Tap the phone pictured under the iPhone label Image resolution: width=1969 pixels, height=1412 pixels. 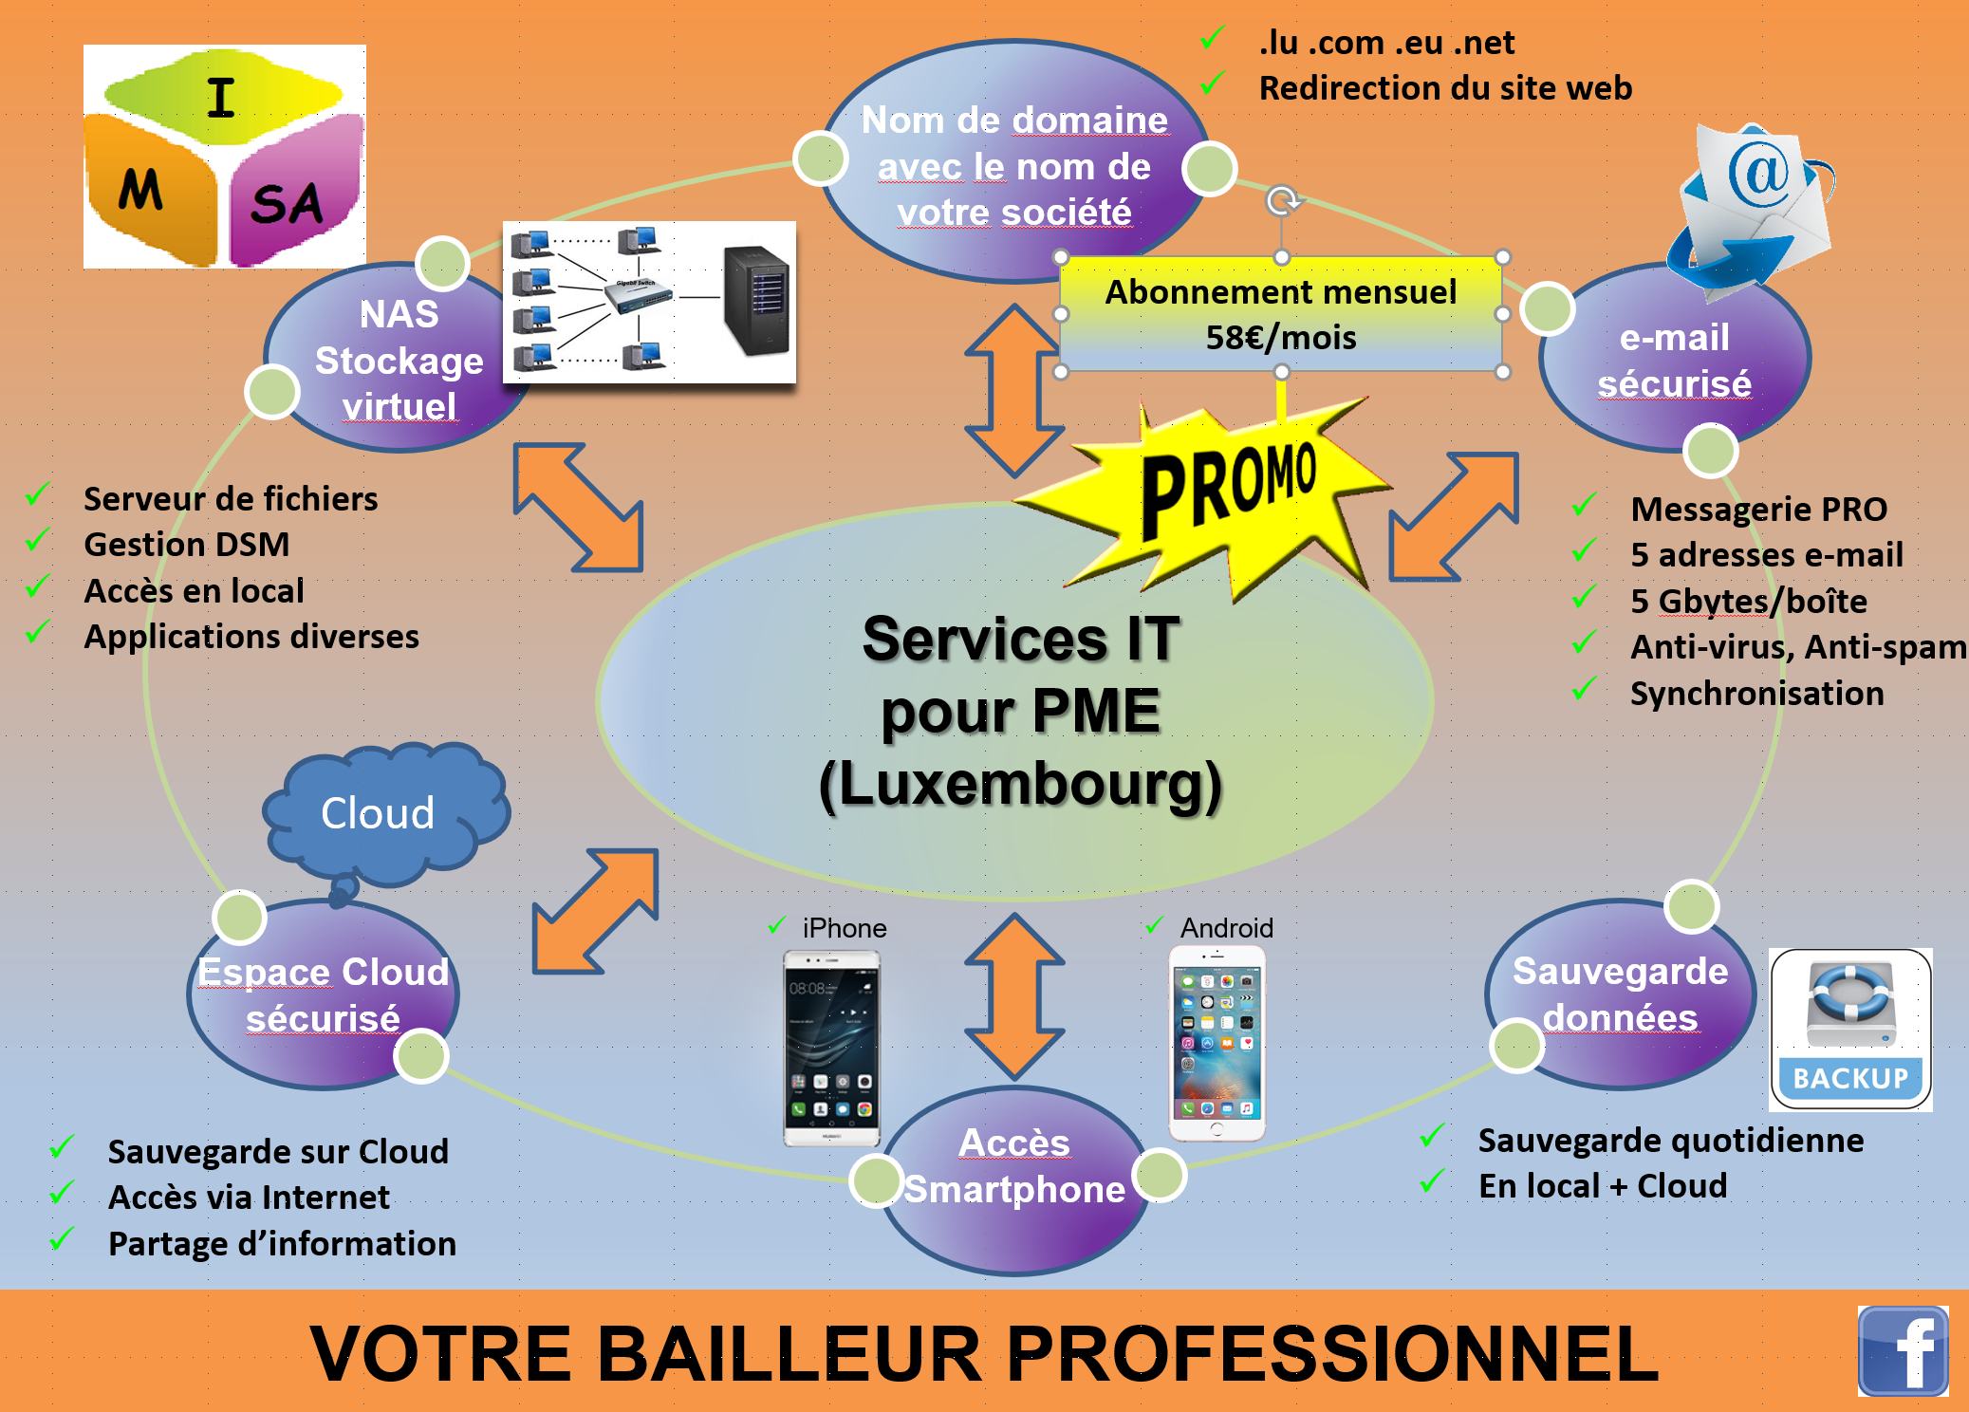(831, 1049)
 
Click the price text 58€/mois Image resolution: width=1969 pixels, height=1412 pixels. (1281, 338)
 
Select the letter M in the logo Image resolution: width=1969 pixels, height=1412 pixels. (141, 190)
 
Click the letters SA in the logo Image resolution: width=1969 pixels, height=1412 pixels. (287, 205)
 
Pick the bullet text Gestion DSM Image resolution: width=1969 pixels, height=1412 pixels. (187, 545)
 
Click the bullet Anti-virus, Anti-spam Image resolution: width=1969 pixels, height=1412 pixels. (1797, 647)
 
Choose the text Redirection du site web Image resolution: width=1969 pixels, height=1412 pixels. (1445, 88)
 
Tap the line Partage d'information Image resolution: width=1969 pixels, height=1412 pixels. (282, 1244)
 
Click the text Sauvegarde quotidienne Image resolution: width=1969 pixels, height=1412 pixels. (1670, 1141)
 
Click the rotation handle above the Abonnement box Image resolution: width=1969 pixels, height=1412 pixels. (1282, 200)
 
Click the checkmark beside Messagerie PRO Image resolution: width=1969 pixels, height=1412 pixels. (1583, 506)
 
